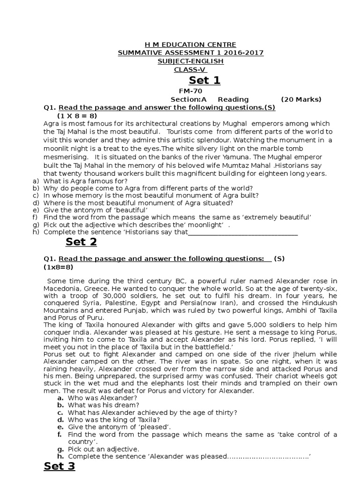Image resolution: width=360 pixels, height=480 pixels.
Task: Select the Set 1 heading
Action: point(204,80)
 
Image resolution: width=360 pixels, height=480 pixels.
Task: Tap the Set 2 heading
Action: point(81,241)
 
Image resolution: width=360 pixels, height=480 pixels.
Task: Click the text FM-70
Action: point(190,91)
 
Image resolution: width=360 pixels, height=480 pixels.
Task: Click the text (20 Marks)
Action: point(301,99)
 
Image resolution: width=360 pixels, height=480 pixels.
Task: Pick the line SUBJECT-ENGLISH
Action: point(190,61)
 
